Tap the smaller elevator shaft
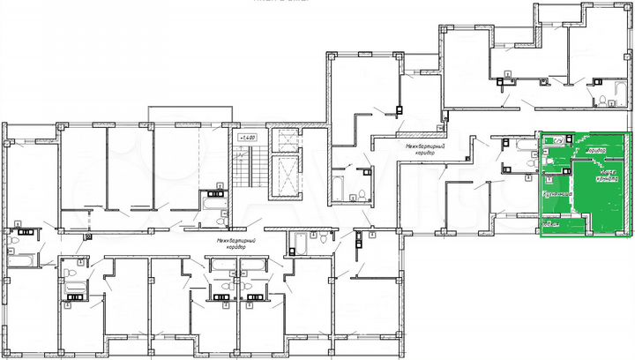tap(284, 139)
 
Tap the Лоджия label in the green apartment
tap(552, 228)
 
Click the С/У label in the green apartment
tap(558, 139)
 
